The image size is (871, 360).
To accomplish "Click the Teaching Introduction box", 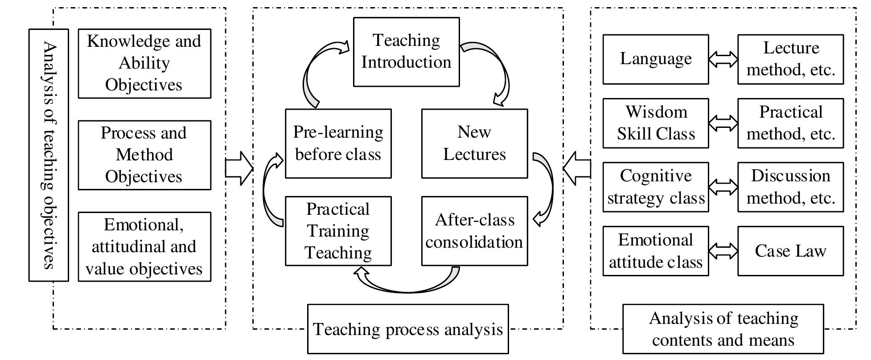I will (x=406, y=52).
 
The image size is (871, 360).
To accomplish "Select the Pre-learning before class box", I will (x=338, y=143).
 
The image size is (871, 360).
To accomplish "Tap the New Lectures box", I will (x=474, y=143).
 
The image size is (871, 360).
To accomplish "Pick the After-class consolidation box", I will (x=474, y=231).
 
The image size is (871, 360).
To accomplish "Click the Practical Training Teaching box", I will (x=338, y=231).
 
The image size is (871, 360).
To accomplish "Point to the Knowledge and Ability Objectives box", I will (x=144, y=63).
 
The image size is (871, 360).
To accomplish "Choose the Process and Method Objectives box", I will (x=144, y=155).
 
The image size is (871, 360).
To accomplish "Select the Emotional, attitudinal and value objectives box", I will (x=144, y=246).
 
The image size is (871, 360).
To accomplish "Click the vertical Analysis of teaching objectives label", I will (x=49, y=155).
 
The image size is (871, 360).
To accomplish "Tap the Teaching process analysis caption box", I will (x=407, y=329).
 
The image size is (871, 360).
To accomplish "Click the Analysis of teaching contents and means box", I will (x=723, y=329).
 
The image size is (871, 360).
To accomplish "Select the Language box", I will (x=655, y=59).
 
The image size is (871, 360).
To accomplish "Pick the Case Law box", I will (x=790, y=251).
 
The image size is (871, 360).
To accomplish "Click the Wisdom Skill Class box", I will (x=655, y=123).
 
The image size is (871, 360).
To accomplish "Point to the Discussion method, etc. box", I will (x=790, y=187).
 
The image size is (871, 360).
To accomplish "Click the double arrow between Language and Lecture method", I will (x=723, y=59).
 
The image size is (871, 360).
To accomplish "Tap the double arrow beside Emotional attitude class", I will (x=723, y=251).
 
